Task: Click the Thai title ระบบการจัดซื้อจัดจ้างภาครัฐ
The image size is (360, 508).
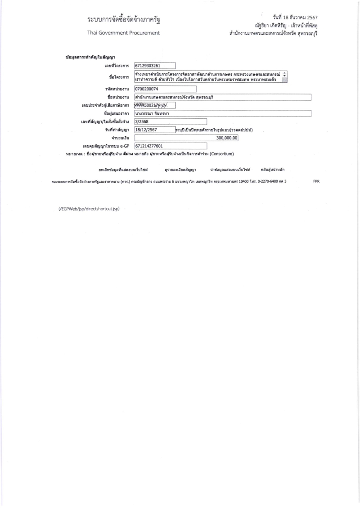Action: coord(124,21)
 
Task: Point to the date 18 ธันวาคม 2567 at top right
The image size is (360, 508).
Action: coord(295,18)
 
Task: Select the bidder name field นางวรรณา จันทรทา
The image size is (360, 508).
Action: coord(223,113)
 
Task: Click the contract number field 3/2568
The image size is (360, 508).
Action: coord(170,121)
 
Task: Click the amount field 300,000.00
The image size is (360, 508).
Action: coord(186,138)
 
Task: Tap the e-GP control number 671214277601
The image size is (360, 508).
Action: coord(170,146)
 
